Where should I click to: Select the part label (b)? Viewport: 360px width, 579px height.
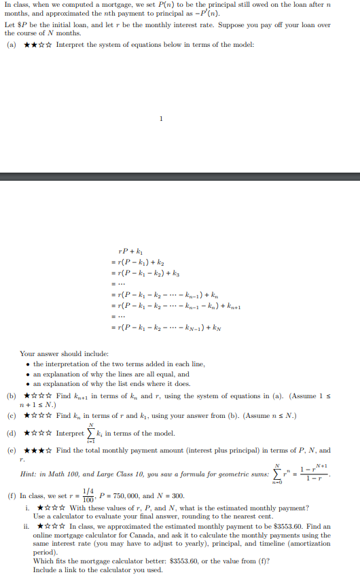[11, 396]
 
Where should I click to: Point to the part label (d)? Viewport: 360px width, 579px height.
[11, 434]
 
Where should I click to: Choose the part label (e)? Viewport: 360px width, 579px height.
[11, 451]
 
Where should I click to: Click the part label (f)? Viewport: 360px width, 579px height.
[11, 496]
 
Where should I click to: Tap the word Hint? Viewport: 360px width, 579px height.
[30, 473]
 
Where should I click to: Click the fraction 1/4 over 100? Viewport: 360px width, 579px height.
[86, 496]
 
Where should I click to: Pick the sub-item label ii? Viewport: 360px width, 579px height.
[26, 526]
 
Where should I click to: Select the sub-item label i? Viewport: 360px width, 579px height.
[26, 508]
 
